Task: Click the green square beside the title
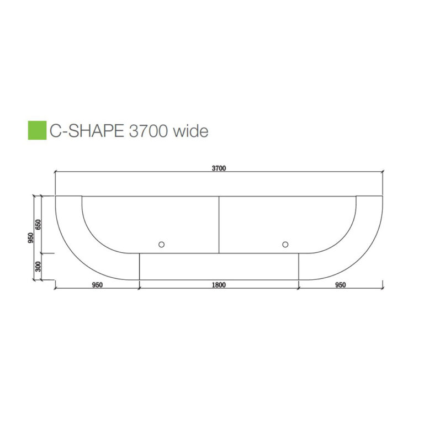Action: pos(37,130)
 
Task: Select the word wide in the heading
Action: pos(190,131)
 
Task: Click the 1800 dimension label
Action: pos(219,285)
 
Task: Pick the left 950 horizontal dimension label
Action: pos(97,285)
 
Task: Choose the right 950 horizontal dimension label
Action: pos(341,285)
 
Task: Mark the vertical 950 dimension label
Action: pos(31,237)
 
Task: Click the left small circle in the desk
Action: pos(161,244)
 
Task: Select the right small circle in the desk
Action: pos(285,244)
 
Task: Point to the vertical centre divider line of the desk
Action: pos(219,224)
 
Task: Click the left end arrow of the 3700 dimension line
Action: pos(56,172)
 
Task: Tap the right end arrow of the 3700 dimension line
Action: pos(383,172)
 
